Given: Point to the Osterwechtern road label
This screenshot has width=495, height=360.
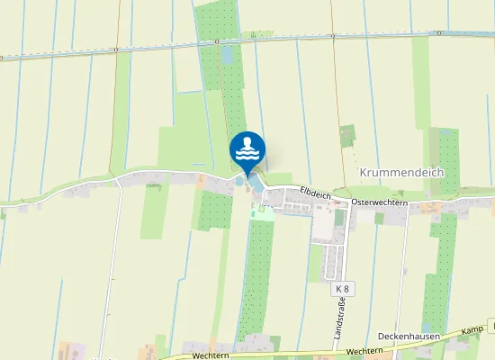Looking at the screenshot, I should click(380, 202).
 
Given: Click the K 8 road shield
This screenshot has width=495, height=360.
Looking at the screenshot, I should click(341, 289).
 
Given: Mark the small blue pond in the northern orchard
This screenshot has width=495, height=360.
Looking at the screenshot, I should click(226, 54).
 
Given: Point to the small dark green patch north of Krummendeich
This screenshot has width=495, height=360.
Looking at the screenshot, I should click(347, 135).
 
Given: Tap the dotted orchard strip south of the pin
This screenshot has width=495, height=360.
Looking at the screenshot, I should click(259, 270).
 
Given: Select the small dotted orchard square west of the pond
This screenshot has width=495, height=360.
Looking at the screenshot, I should click(214, 209).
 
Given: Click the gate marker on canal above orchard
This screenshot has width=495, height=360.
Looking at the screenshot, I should click(217, 41).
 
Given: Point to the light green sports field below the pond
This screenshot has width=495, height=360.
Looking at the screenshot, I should click(264, 213).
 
